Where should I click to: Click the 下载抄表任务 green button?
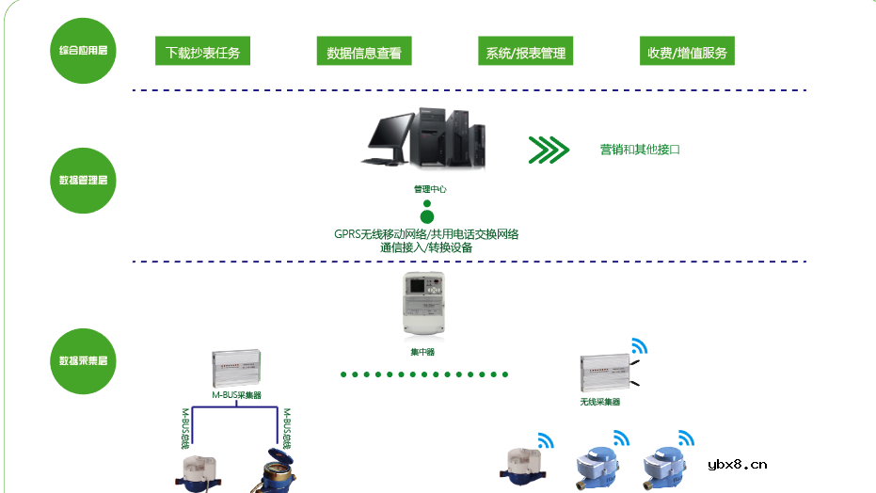[202, 52]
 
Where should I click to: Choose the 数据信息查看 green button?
[364, 52]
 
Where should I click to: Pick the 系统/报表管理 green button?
[525, 52]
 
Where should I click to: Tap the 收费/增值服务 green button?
[687, 52]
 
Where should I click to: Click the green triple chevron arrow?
[549, 150]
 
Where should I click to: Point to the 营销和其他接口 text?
[640, 150]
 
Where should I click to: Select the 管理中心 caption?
[429, 189]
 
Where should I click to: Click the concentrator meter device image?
[429, 303]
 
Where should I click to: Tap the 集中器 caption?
[422, 352]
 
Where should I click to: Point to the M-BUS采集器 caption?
[236, 396]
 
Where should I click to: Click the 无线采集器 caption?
[600, 402]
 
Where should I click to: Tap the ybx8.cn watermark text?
[738, 464]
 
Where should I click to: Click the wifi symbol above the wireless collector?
[639, 345]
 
